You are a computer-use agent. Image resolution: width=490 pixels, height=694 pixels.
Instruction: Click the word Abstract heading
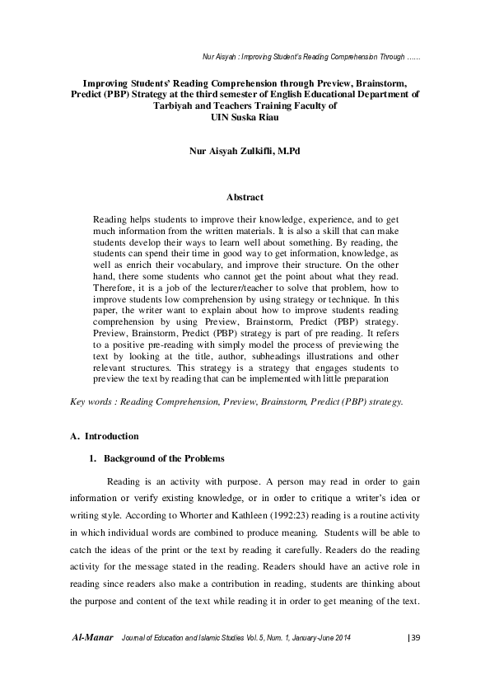[245, 198]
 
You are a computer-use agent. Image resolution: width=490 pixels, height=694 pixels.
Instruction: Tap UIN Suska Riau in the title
[245, 117]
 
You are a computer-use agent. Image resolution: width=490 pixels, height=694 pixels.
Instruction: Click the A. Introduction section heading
[105, 435]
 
